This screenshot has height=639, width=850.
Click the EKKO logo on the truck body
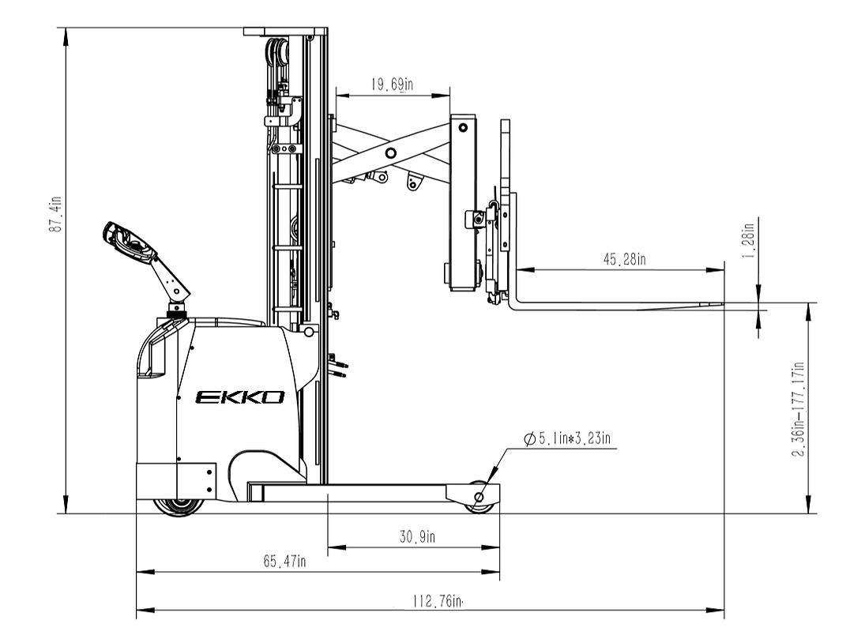[239, 397]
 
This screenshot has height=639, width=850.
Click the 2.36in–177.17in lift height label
[799, 408]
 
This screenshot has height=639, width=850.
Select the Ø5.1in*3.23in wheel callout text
[567, 438]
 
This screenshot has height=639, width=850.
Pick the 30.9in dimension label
[416, 537]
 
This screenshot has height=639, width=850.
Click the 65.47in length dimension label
[284, 562]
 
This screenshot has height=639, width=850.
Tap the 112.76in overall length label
[436, 601]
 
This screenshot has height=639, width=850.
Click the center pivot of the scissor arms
[391, 153]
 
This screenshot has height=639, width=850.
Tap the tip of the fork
[720, 305]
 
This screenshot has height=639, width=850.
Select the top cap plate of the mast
[284, 32]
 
